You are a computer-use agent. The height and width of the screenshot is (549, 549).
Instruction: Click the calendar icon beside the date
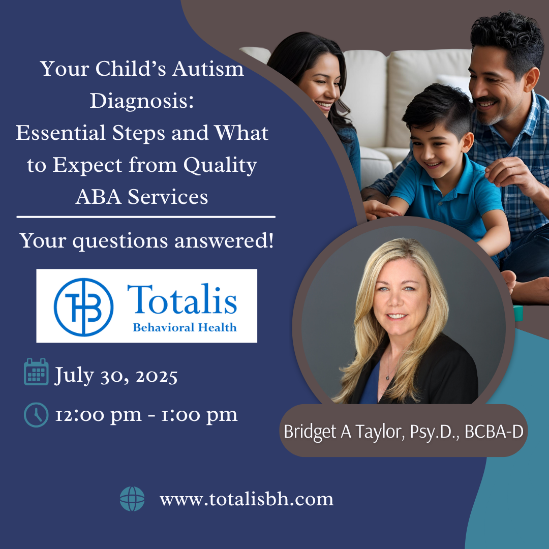click(36, 372)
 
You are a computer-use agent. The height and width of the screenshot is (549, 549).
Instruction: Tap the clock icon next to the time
click(36, 415)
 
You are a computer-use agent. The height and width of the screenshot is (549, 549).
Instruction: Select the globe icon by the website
click(132, 499)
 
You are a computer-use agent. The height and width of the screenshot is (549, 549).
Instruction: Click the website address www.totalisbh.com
click(247, 499)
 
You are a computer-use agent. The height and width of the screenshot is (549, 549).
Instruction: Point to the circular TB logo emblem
click(83, 307)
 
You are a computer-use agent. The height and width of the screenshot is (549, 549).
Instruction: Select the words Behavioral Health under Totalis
click(185, 327)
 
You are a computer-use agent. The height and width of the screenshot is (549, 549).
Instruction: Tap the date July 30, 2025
click(116, 376)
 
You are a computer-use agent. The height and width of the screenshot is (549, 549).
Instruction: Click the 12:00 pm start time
click(99, 415)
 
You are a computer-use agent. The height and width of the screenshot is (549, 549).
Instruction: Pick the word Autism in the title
click(208, 69)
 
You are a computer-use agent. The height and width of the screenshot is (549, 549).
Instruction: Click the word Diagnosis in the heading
click(142, 101)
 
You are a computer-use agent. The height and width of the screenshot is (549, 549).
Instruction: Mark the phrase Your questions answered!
click(146, 241)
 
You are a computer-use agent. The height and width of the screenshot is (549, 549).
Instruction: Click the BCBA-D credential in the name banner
click(494, 432)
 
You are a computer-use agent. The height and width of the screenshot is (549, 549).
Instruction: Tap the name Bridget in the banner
click(310, 432)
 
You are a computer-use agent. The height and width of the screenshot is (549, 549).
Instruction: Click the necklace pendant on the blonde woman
click(387, 377)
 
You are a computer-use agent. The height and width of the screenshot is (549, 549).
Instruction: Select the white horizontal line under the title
click(146, 217)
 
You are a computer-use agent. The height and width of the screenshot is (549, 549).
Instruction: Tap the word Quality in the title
click(220, 165)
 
